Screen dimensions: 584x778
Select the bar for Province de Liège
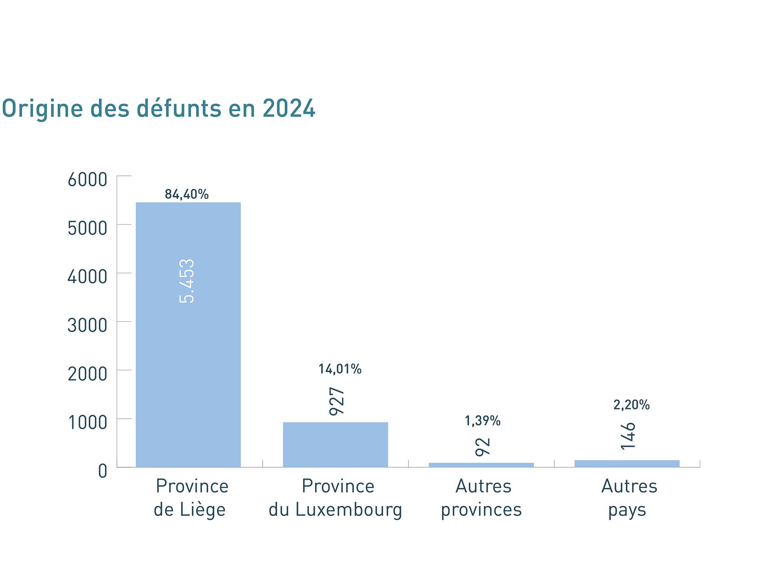(188, 350)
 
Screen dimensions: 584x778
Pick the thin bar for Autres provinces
(481, 465)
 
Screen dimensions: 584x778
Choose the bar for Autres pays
(627, 463)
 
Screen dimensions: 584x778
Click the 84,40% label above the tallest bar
(187, 194)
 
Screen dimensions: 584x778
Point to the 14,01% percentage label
(340, 369)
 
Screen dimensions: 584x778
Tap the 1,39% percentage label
(482, 421)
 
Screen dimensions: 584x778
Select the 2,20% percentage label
(631, 405)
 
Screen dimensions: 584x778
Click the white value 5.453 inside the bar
(187, 281)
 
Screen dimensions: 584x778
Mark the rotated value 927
(337, 401)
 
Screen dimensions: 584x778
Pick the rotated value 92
(483, 446)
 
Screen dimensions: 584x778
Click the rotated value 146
(628, 436)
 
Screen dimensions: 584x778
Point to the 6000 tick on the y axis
(87, 180)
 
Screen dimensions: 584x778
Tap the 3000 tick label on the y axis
(87, 325)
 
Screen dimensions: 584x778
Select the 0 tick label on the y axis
(102, 471)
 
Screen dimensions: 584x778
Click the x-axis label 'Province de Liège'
(191, 498)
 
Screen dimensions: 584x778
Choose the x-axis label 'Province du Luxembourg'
(336, 498)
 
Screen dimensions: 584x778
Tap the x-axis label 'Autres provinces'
(482, 498)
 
